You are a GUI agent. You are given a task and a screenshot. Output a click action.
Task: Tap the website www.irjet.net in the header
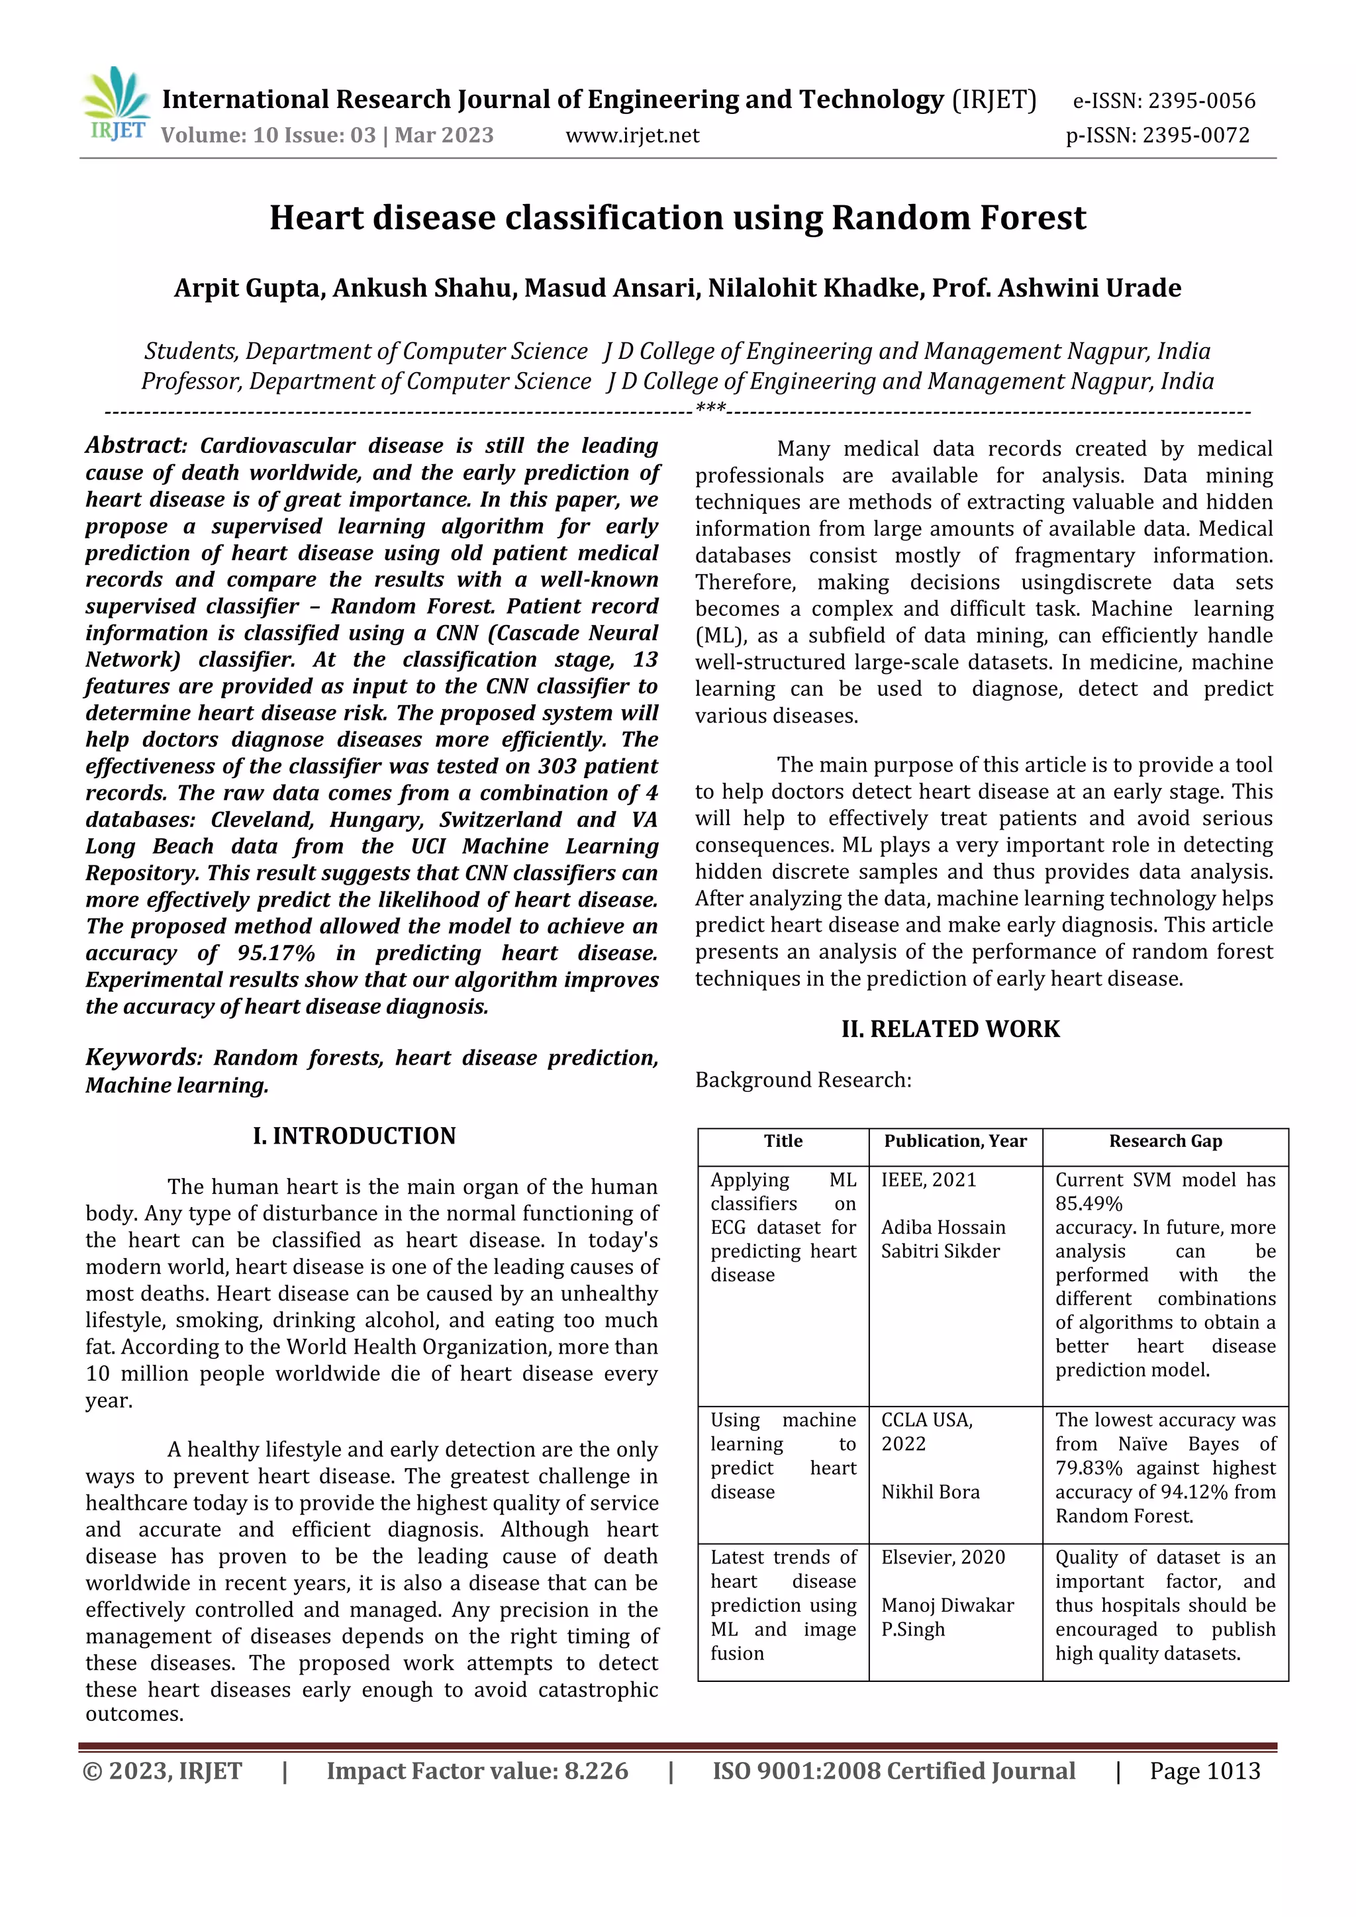(x=632, y=135)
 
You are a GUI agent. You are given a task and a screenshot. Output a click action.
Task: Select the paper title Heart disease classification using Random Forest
(x=677, y=218)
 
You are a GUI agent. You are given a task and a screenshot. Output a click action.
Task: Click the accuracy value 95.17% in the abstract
(x=275, y=954)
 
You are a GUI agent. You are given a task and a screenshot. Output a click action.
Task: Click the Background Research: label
(x=803, y=1081)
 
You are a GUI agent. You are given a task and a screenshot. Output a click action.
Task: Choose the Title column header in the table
(x=783, y=1142)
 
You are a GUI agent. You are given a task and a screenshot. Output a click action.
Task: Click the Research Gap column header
(x=1165, y=1142)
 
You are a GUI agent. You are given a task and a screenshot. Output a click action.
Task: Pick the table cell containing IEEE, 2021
(x=928, y=1180)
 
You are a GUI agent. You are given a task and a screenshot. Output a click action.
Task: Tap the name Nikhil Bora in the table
(x=930, y=1492)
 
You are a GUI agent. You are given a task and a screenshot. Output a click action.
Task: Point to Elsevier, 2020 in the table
(x=943, y=1557)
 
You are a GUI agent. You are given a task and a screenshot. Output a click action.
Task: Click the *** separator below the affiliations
(x=710, y=409)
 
